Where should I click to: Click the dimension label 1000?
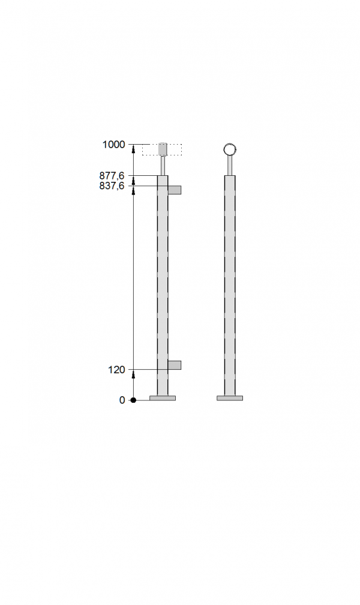tap(113, 145)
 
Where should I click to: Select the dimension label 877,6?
tap(112, 176)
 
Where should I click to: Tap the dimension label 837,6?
tap(112, 186)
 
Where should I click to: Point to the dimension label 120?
tap(116, 370)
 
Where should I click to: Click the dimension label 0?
tap(122, 400)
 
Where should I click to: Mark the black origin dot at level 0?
tap(134, 400)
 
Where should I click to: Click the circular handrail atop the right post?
tap(230, 149)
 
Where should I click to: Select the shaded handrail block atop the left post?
tap(163, 149)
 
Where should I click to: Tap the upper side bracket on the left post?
tap(175, 190)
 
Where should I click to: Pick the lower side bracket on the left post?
tap(175, 365)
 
